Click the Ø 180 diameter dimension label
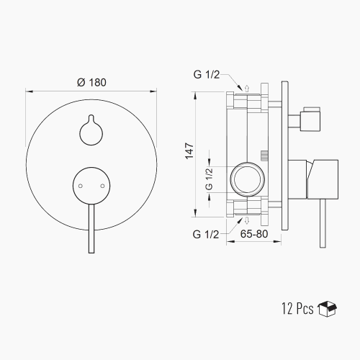[91, 82]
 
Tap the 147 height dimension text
[189, 150]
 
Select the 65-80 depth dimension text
[254, 234]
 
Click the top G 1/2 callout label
[207, 75]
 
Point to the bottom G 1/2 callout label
[206, 234]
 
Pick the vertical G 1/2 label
[210, 179]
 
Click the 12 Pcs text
[297, 308]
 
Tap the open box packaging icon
[327, 309]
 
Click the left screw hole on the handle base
[81, 186]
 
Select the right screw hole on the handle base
[102, 186]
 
